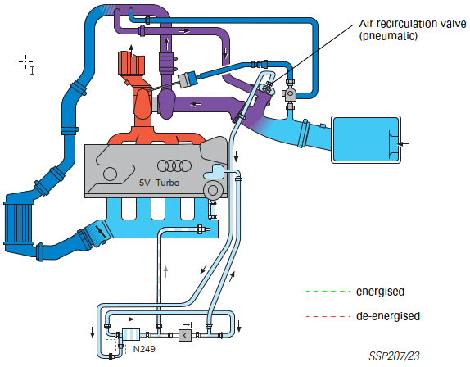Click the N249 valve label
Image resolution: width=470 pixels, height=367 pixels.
144,349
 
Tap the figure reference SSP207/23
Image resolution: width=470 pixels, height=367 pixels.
394,356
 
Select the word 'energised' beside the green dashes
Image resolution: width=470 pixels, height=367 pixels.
380,292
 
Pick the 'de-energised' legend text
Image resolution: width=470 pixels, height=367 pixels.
388,316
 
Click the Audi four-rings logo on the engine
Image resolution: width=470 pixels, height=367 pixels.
174,165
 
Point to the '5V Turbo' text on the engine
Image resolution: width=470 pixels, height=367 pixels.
159,183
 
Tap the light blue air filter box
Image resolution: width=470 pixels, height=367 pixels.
366,140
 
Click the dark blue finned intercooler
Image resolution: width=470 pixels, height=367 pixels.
18,224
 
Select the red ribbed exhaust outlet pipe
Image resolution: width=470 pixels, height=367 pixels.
131,64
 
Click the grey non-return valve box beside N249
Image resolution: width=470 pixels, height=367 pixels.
185,335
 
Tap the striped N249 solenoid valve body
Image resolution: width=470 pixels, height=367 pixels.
131,334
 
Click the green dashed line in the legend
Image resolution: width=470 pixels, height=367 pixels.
328,291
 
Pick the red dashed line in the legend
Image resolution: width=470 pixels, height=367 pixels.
328,316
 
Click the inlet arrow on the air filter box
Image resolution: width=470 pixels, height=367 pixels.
403,144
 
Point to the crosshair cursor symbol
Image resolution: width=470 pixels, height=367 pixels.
25,62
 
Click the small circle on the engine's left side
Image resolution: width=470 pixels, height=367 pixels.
110,174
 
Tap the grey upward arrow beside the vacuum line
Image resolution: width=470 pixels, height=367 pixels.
165,271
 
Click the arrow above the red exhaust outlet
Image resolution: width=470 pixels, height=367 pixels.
131,50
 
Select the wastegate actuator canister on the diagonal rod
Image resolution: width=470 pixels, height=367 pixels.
188,79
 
